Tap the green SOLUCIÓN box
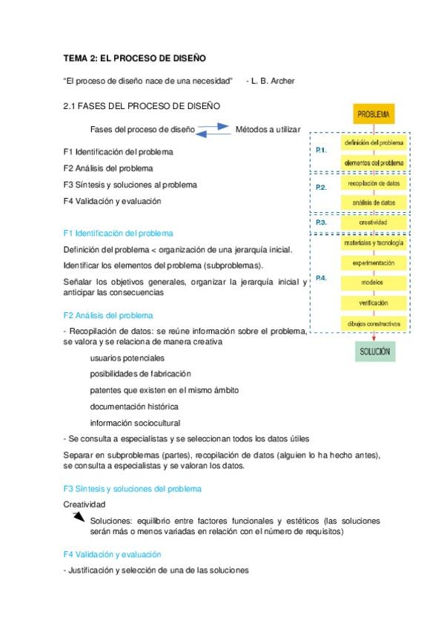[374, 351]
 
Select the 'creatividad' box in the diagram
[373, 222]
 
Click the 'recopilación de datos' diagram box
[373, 182]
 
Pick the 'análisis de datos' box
[373, 202]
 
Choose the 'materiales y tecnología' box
[373, 243]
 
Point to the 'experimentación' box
[373, 263]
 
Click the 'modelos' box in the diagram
[373, 283]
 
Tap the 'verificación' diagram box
[373, 303]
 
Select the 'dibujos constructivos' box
[373, 323]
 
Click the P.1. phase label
[321, 151]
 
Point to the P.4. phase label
[321, 278]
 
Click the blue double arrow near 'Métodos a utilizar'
[214, 129]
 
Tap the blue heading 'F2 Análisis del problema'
[108, 314]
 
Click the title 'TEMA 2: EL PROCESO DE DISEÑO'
[134, 57]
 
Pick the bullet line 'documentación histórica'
[134, 406]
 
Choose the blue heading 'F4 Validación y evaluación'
[113, 554]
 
